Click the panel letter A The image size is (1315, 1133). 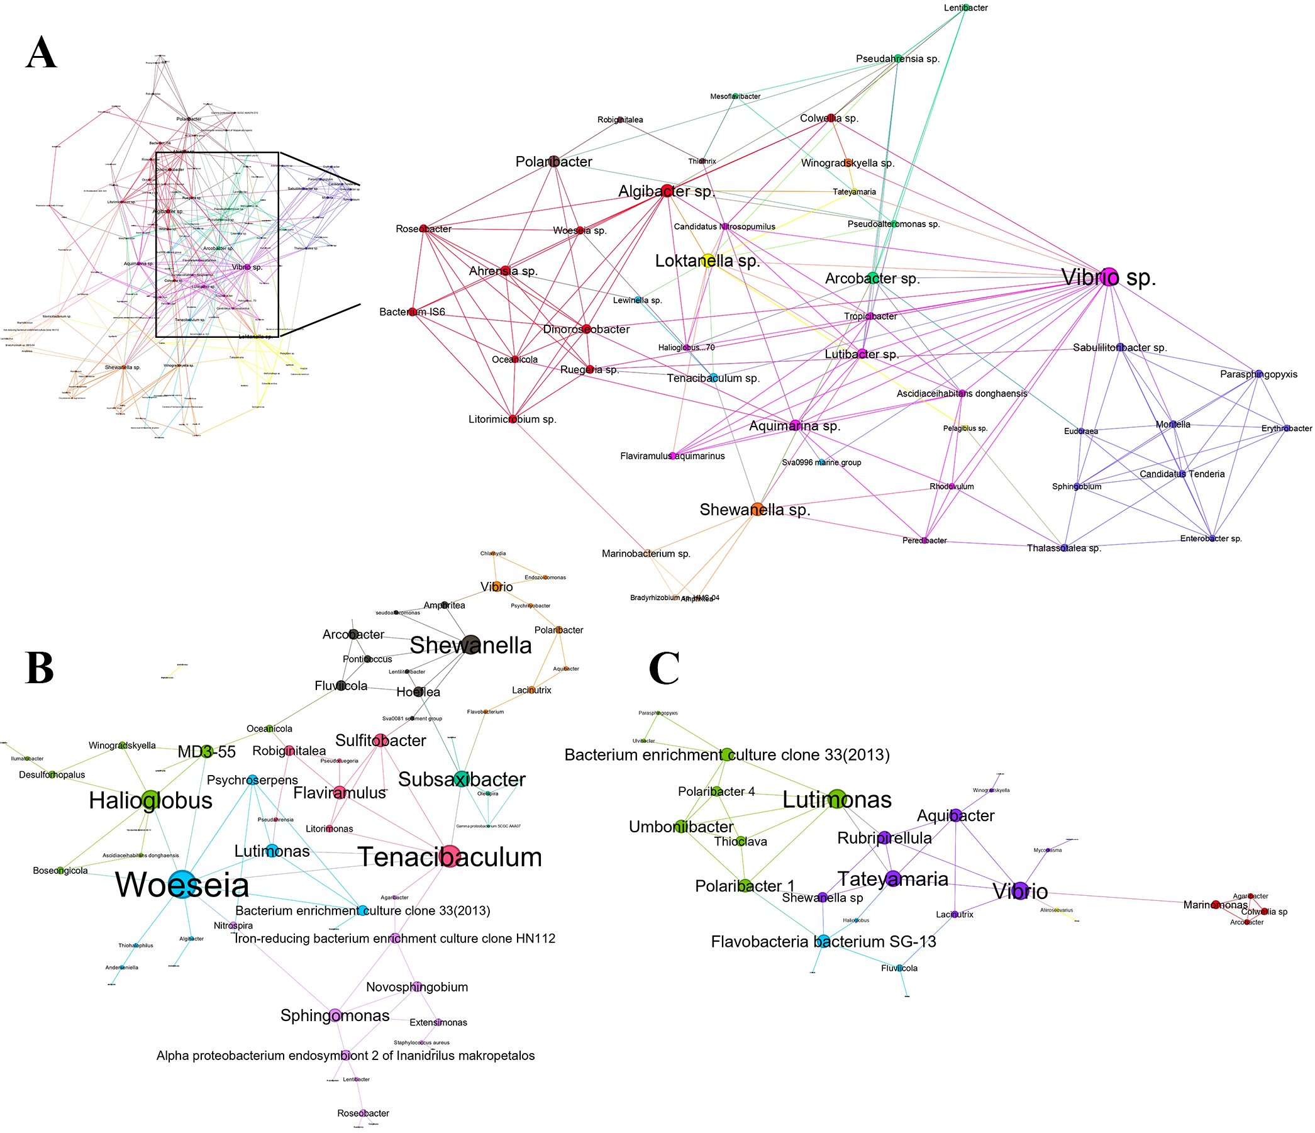coord(42,53)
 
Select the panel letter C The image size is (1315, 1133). coord(664,668)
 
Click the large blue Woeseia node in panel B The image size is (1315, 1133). coord(182,884)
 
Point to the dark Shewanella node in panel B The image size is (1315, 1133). coord(470,645)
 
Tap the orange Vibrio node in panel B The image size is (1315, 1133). coord(497,587)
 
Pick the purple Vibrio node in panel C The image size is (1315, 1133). coord(1020,891)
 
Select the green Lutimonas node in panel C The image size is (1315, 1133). coord(837,799)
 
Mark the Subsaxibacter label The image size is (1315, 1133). coord(462,779)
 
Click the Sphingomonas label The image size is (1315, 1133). coord(335,1015)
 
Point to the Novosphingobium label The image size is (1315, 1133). coord(417,987)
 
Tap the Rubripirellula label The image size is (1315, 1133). coord(884,838)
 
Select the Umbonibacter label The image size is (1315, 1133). coord(681,827)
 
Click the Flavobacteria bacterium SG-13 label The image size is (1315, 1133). coord(823,941)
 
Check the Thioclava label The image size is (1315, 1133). coord(740,842)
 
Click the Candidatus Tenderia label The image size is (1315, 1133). coord(1182,474)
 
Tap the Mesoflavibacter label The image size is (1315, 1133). coord(735,96)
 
